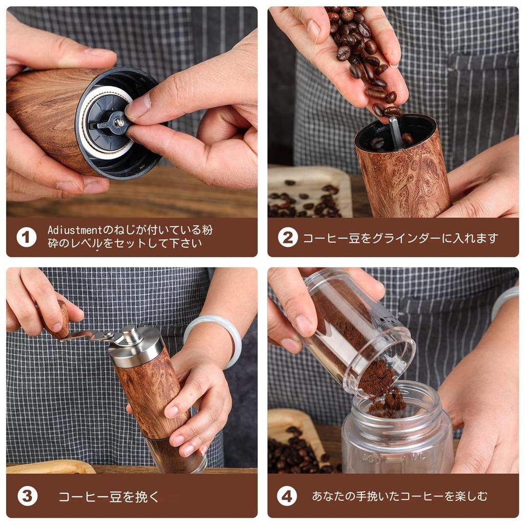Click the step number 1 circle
click(26, 237)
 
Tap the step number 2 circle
click(288, 237)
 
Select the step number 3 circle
click(27, 496)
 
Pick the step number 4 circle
click(287, 496)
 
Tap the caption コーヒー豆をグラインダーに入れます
click(400, 238)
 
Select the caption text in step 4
click(399, 496)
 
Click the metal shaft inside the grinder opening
click(396, 133)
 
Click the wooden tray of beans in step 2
click(308, 192)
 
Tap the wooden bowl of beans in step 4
click(295, 441)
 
